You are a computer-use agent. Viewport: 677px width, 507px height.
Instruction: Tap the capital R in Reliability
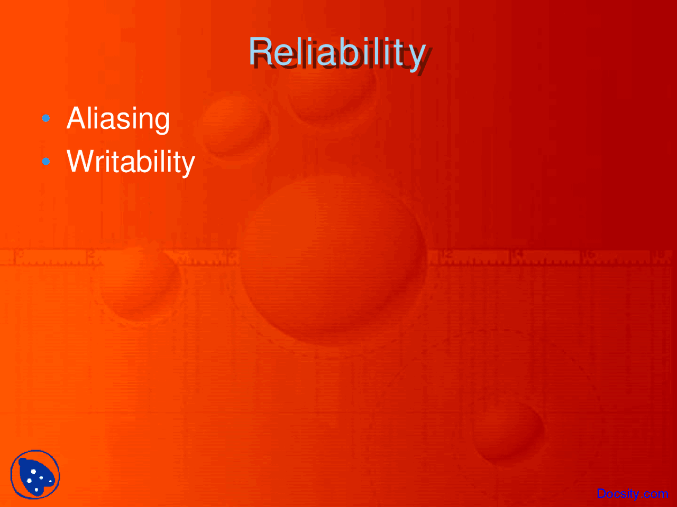click(x=261, y=51)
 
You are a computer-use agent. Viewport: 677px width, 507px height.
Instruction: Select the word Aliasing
click(x=118, y=119)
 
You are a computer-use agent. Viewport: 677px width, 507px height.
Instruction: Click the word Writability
click(x=131, y=163)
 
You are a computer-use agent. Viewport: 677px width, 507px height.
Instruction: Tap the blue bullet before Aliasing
click(x=46, y=118)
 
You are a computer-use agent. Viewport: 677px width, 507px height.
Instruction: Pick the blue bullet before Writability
click(x=46, y=161)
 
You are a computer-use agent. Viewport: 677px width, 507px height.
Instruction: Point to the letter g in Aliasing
click(x=161, y=123)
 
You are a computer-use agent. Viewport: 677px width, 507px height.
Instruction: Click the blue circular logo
click(x=35, y=475)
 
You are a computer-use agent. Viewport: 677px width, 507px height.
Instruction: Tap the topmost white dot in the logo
click(x=33, y=472)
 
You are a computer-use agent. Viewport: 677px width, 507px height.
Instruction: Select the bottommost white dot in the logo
click(x=36, y=490)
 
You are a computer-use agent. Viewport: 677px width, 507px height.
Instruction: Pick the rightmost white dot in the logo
click(x=50, y=481)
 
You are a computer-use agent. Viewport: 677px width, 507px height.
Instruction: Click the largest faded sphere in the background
click(x=333, y=260)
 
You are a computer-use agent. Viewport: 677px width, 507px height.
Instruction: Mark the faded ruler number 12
click(x=446, y=255)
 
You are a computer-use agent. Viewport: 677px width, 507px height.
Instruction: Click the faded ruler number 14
click(x=517, y=255)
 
